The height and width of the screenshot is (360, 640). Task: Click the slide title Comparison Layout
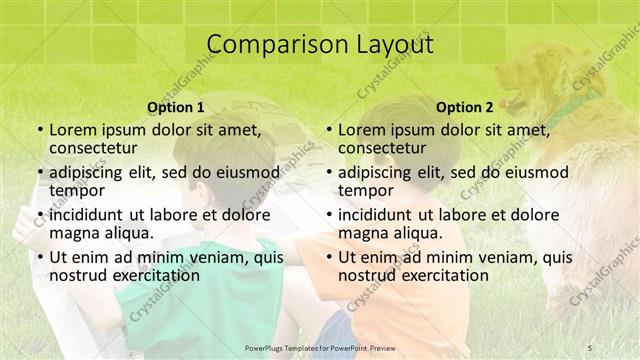click(x=320, y=44)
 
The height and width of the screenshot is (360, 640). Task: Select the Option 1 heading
click(x=176, y=106)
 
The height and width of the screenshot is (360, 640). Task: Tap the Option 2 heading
click(x=464, y=106)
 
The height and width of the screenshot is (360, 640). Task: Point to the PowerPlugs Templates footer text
click(x=320, y=346)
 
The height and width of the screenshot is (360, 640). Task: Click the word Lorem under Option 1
click(x=73, y=129)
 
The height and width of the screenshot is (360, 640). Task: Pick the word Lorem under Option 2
click(x=362, y=129)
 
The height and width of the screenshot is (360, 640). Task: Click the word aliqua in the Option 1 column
click(x=131, y=233)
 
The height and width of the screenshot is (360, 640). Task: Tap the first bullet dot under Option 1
click(x=38, y=130)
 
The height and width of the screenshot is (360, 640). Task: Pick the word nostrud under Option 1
click(x=76, y=275)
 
